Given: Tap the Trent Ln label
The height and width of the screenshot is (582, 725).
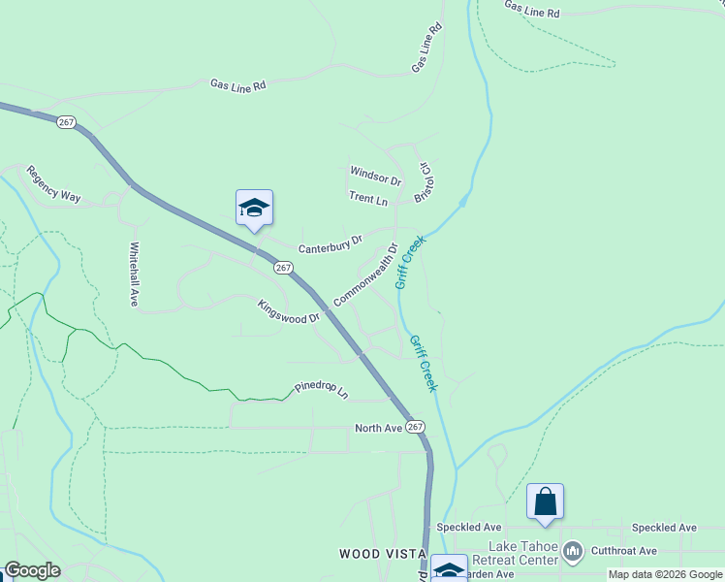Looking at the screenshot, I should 368,199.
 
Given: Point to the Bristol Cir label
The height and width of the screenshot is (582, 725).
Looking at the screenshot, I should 423,181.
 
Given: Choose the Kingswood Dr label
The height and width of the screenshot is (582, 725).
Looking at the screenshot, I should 288,311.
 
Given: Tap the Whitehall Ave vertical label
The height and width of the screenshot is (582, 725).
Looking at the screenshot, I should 135,275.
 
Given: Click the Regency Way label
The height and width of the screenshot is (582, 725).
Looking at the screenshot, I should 53,183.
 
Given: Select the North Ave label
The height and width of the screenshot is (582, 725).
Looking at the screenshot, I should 378,428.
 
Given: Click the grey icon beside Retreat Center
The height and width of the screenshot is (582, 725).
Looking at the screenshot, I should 573,552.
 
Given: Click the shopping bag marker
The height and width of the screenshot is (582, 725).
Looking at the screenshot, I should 545,501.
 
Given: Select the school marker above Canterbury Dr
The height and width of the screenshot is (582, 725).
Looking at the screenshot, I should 254,208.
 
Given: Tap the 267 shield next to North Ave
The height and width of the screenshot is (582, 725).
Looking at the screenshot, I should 416,427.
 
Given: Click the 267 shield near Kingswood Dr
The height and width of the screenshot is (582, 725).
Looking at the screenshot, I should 282,268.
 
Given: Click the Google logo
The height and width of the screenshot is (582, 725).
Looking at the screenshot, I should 32,570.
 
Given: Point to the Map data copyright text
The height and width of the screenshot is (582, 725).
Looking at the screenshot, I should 665,574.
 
